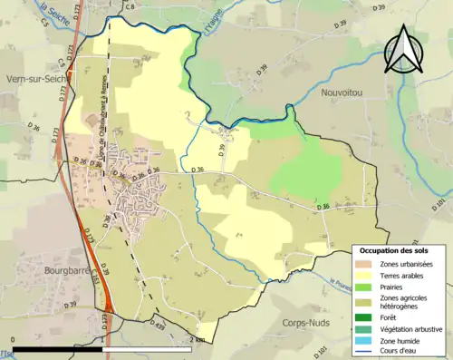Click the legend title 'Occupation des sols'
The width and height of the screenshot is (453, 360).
pyautogui.click(x=394, y=249)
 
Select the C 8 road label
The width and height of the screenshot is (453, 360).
pyautogui.click(x=130, y=7)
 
